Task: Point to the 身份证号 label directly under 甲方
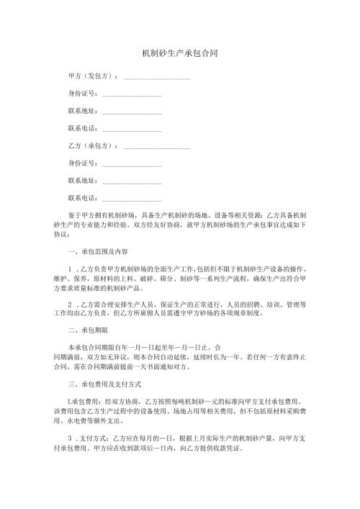tap(81, 94)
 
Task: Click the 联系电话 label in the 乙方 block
tap(81, 198)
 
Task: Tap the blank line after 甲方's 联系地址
tap(132, 112)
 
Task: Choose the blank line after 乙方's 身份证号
tap(132, 164)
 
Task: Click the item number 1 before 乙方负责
tap(69, 270)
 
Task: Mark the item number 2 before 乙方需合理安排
tap(69, 305)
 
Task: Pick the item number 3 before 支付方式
tap(69, 439)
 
